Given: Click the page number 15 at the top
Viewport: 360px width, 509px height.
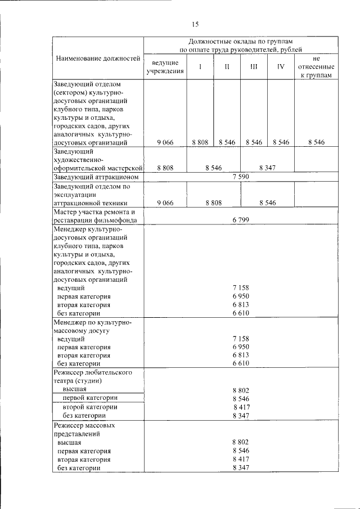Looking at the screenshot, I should (x=195, y=24).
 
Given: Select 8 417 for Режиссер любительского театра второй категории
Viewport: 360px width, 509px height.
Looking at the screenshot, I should (x=242, y=407).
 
